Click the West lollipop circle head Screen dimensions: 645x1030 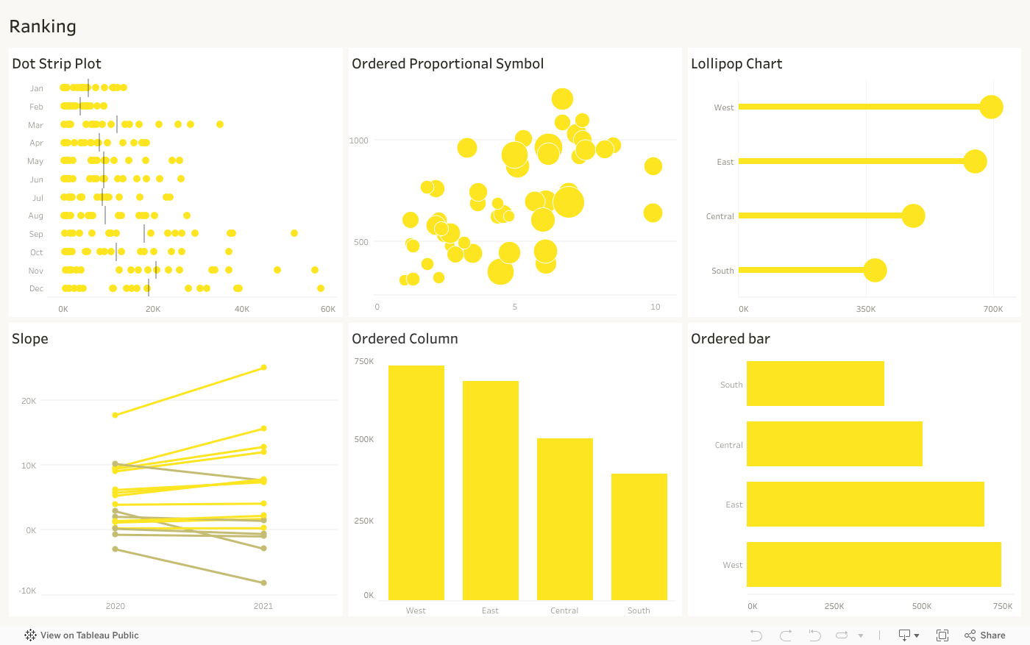tap(991, 107)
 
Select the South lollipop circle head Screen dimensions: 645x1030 tap(875, 270)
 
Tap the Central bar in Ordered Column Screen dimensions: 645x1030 tap(564, 519)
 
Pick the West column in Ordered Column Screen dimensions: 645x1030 tap(416, 482)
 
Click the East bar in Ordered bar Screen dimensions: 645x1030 tap(864, 504)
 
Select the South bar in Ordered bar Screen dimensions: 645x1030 tap(815, 383)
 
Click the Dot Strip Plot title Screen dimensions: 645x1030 tap(57, 64)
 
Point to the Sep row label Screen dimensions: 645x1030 tap(36, 234)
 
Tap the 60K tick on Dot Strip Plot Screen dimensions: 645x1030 tap(328, 309)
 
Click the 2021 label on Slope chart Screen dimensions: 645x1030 tap(263, 606)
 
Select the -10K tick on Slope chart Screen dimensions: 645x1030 tap(27, 591)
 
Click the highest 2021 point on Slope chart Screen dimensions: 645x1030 tap(263, 367)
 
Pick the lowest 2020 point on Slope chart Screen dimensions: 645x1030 tap(115, 549)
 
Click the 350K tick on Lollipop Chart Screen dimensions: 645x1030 tap(866, 309)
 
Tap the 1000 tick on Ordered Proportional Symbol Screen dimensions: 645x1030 tap(359, 140)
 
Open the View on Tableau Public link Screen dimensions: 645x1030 tap(81, 635)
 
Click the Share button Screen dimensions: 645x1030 tap(985, 635)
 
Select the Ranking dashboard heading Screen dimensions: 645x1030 tap(43, 26)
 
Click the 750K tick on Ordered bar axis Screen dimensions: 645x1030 tap(1002, 606)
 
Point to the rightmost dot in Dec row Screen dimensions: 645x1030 tap(321, 288)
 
